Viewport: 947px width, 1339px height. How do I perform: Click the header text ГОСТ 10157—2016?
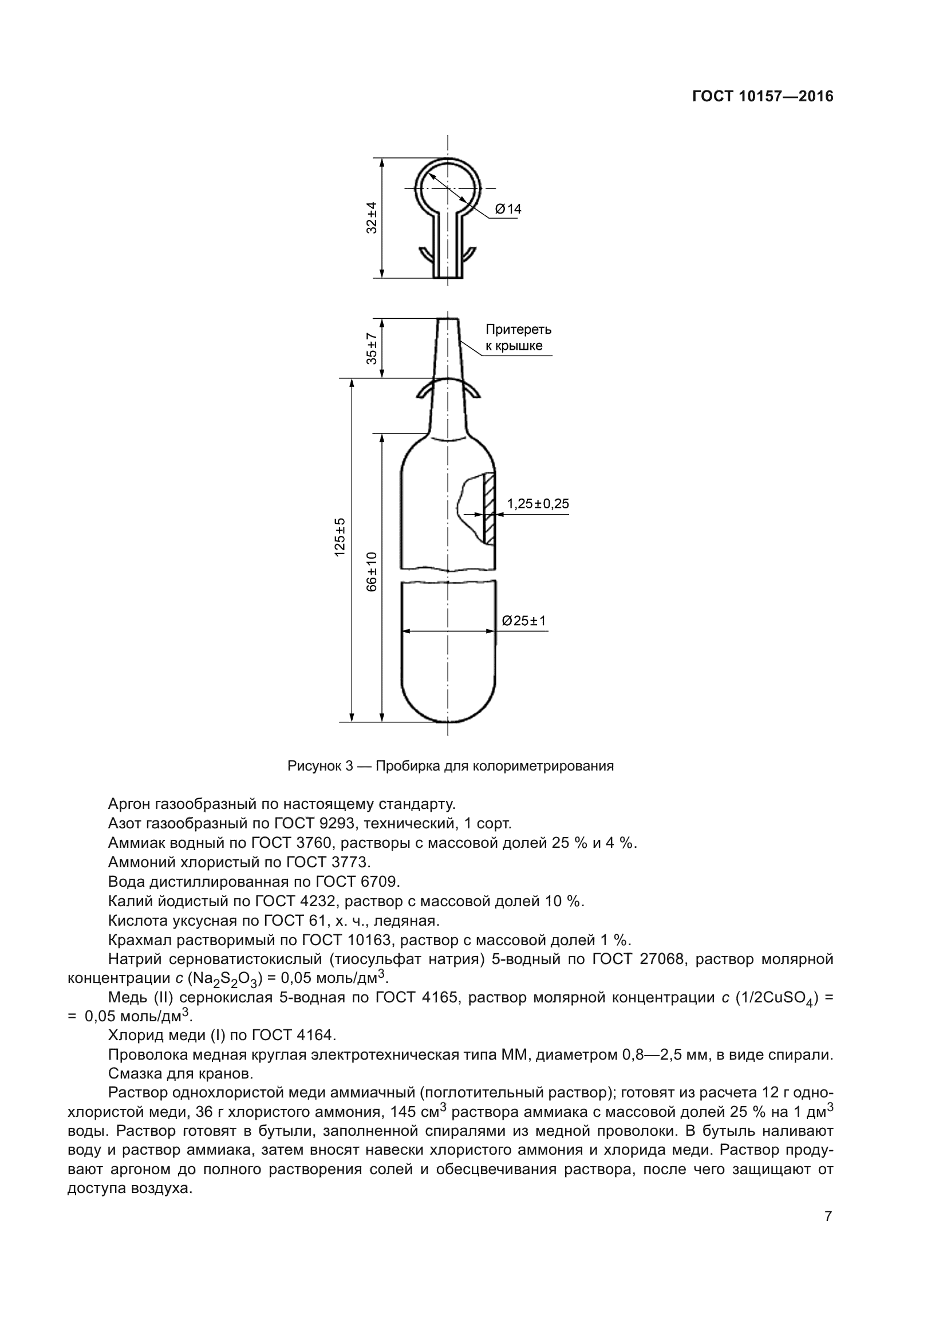pyautogui.click(x=763, y=97)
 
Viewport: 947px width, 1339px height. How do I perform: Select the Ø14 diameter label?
pyautogui.click(x=508, y=209)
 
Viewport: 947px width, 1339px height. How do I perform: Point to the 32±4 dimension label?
pyautogui.click(x=372, y=218)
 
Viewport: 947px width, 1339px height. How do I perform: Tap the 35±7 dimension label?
pyautogui.click(x=372, y=348)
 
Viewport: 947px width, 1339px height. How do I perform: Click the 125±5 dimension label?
pyautogui.click(x=340, y=536)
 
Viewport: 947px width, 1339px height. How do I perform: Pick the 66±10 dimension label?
pyautogui.click(x=372, y=571)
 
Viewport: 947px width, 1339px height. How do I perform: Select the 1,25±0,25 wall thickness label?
pyautogui.click(x=538, y=504)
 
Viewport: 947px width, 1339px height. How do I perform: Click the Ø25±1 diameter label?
pyautogui.click(x=524, y=621)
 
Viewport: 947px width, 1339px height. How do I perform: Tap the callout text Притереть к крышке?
pyautogui.click(x=518, y=338)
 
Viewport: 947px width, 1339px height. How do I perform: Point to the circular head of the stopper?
pyautogui.click(x=447, y=188)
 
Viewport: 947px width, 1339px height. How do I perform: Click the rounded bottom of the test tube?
pyautogui.click(x=448, y=703)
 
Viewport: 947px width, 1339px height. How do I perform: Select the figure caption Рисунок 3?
pyautogui.click(x=450, y=766)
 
